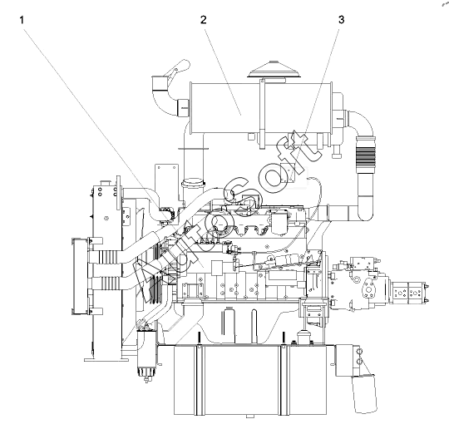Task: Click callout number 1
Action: pos(22,20)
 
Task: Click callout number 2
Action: pos(204,20)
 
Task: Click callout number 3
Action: pos(342,20)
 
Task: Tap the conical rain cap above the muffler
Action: pos(274,69)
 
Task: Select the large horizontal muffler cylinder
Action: pos(260,108)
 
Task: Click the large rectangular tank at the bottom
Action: pos(250,380)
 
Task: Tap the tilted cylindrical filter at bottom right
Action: pos(364,393)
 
